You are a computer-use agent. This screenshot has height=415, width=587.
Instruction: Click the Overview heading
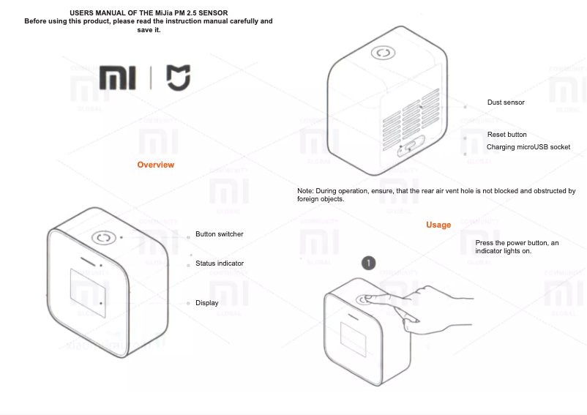click(x=156, y=165)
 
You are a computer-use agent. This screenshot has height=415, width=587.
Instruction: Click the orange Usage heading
click(x=438, y=225)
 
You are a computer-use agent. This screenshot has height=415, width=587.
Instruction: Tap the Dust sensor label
click(x=506, y=102)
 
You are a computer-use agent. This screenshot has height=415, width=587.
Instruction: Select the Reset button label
click(x=506, y=135)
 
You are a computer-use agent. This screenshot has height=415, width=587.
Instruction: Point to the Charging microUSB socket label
click(x=528, y=147)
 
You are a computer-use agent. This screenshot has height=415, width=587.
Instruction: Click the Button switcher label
click(x=219, y=234)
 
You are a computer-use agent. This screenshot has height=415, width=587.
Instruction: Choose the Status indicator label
click(x=220, y=263)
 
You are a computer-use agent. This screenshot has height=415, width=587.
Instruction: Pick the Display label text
click(x=206, y=303)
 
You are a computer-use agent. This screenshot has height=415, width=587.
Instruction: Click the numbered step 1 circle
click(x=370, y=261)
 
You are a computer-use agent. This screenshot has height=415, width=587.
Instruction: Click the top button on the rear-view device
click(x=382, y=53)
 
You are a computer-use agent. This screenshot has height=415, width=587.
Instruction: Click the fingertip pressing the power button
click(x=366, y=299)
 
